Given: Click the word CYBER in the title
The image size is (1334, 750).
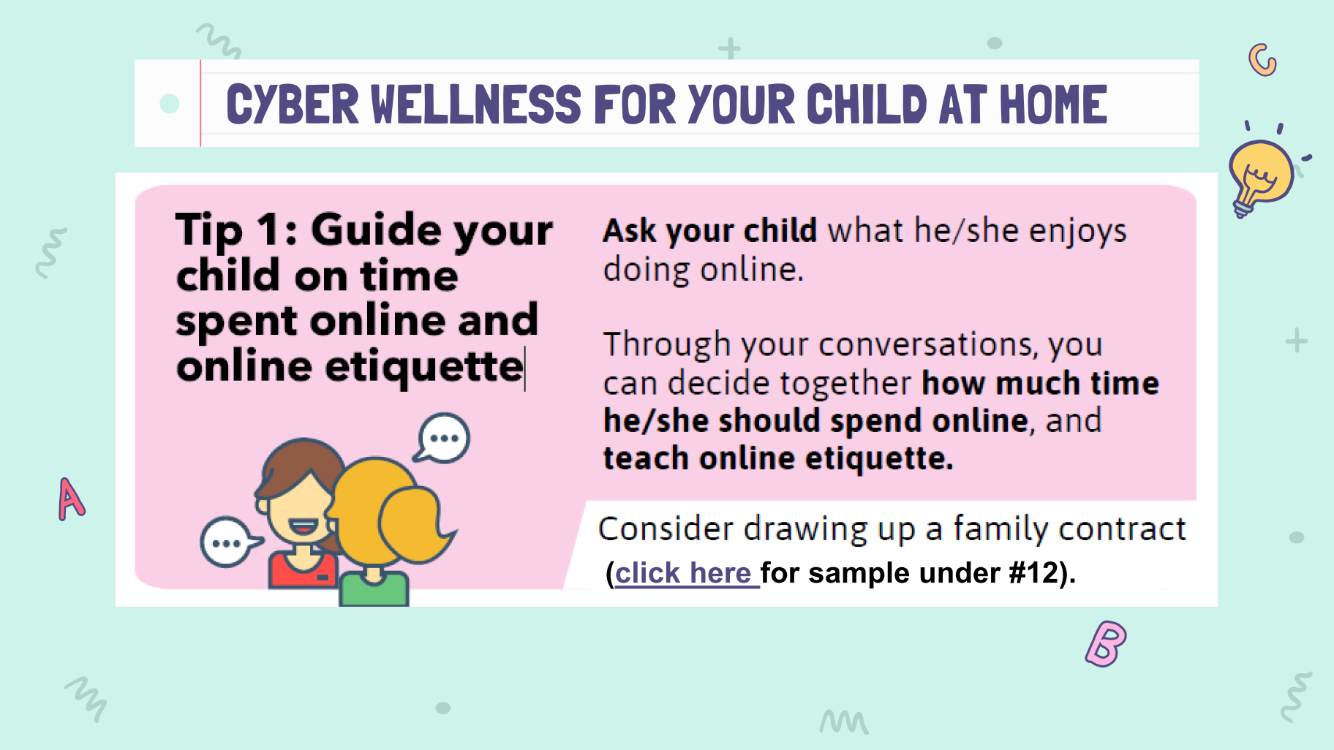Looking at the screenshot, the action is pos(293,104).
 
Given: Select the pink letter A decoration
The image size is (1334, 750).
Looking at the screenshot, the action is pos(71,499).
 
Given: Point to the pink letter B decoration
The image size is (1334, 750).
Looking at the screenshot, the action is pos(1106,643).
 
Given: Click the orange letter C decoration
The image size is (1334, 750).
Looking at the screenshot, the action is pos(1262,59).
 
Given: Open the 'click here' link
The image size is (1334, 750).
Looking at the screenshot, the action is pos(683,573).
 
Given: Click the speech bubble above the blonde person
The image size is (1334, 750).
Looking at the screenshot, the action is pos(443,438).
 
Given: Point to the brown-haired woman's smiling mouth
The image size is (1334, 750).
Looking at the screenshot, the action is pos(303,526).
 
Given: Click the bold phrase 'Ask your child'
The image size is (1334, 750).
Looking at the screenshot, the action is pos(709,231).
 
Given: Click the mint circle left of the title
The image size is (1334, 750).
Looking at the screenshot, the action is pos(170,104).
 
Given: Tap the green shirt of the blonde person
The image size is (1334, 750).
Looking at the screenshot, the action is pos(374,589).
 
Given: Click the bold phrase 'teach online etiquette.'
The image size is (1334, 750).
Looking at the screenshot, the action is pos(778,459).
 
